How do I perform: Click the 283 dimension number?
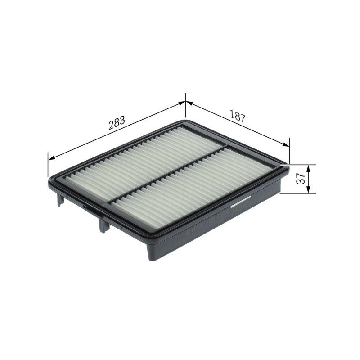tap(117, 122)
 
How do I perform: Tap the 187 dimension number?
tap(237, 117)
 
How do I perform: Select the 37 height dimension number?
tap(301, 178)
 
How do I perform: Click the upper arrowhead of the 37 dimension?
tap(308, 169)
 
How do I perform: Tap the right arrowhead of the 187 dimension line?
tap(286, 144)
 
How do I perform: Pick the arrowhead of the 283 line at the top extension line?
tap(182, 103)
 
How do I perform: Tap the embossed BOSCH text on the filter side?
tap(195, 229)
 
